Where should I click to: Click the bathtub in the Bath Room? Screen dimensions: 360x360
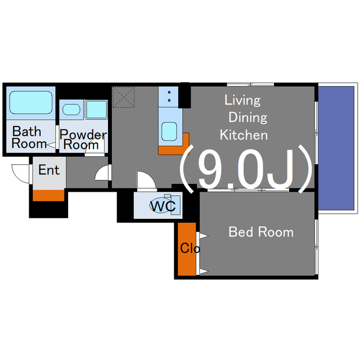click(x=31, y=102)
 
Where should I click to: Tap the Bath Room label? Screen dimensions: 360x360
click(x=28, y=138)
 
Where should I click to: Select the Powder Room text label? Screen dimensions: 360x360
click(x=83, y=139)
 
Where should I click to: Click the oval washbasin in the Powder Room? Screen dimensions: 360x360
click(x=71, y=110)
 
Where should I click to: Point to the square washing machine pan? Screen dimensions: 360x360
click(x=96, y=110)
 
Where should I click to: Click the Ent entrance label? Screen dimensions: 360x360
click(x=49, y=170)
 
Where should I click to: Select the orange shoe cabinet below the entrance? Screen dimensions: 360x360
click(x=48, y=195)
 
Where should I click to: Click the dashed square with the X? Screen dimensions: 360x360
click(x=124, y=97)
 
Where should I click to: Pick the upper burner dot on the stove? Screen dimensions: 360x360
click(x=169, y=92)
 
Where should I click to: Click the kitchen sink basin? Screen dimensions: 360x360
click(x=169, y=132)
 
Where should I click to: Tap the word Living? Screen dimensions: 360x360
click(x=242, y=100)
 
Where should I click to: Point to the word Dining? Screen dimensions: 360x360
click(x=247, y=118)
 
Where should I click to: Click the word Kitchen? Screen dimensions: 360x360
click(x=244, y=135)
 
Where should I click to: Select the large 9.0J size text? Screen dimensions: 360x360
click(x=246, y=169)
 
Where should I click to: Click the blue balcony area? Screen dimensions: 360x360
click(x=336, y=148)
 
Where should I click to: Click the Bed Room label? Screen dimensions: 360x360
click(x=261, y=232)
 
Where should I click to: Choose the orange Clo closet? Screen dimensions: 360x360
click(x=187, y=249)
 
